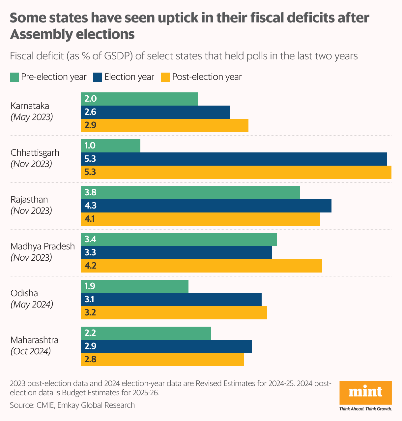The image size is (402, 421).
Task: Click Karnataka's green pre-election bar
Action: pos(139,99)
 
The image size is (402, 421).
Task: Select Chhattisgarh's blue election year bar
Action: pos(234,159)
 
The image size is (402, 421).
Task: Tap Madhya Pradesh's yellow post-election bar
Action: pos(202,266)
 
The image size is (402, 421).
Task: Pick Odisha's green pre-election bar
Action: pos(135,286)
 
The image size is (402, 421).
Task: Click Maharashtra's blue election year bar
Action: pos(166,346)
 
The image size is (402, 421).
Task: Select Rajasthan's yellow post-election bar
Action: pos(201,219)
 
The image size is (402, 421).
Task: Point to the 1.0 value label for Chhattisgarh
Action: pos(90,146)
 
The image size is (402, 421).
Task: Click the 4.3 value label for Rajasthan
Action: pos(90,206)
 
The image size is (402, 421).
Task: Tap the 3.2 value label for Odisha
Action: pos(90,313)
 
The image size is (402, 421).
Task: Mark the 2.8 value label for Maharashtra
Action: pos(90,360)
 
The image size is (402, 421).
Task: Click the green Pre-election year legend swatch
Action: pos(14,77)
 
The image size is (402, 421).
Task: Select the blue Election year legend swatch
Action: pos(98,77)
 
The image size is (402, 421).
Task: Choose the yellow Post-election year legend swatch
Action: pos(165,77)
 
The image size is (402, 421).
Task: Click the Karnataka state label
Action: pos(30,106)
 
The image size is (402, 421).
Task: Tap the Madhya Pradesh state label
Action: pos(43,246)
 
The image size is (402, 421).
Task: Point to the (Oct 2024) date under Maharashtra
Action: pos(31,351)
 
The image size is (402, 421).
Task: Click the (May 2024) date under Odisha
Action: pos(32,305)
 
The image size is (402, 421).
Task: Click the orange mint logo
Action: pos(365,393)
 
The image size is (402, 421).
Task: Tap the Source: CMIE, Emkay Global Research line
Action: pos(72,405)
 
